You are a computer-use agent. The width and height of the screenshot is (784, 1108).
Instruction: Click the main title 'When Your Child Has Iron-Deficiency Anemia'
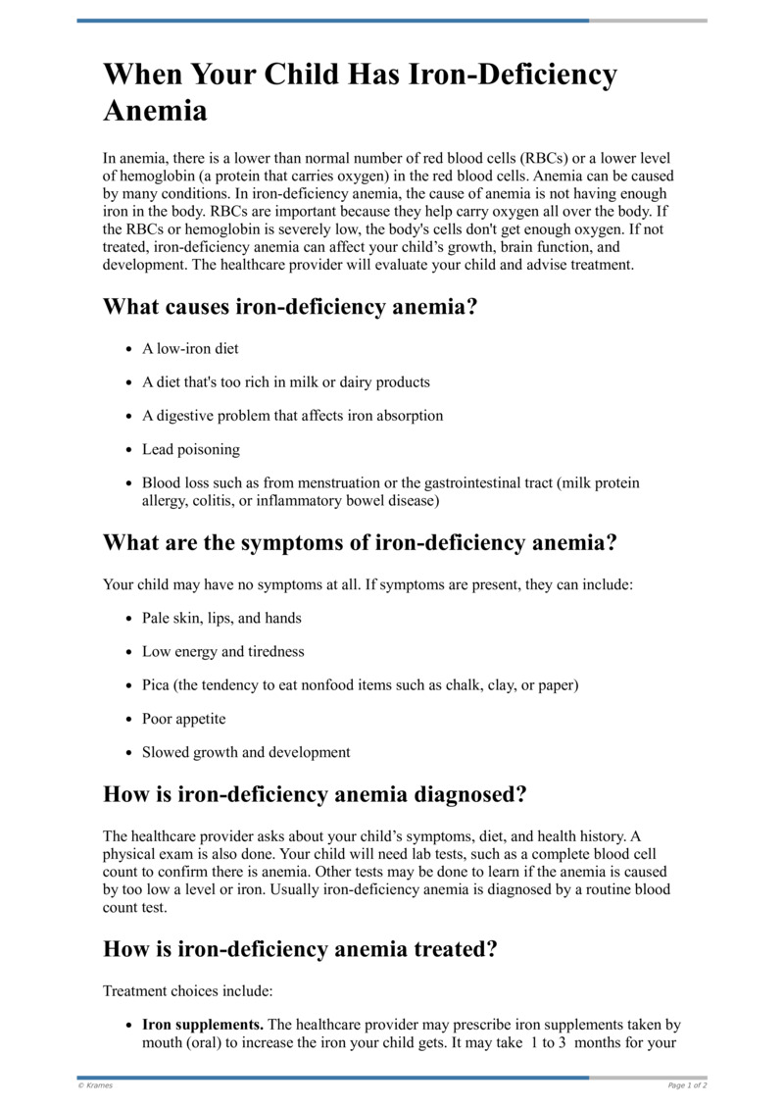point(361,92)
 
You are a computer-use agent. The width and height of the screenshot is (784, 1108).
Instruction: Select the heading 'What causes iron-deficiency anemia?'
point(290,307)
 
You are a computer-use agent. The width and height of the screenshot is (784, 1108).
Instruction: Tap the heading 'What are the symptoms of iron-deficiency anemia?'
point(360,542)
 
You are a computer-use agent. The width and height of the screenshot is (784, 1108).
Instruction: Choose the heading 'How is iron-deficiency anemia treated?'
point(300,949)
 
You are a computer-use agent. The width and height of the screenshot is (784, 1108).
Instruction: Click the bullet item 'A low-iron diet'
point(190,349)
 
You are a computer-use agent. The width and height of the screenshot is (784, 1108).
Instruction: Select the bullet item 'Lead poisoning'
point(190,450)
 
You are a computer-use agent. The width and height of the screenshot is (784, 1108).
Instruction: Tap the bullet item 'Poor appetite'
point(183,719)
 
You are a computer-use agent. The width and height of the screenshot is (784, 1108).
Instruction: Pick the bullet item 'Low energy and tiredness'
point(222,652)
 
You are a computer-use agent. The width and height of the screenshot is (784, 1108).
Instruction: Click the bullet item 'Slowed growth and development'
point(245,753)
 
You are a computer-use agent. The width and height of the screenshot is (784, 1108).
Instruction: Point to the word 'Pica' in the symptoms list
point(156,685)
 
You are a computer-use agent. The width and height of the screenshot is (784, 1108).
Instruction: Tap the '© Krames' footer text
point(95,1085)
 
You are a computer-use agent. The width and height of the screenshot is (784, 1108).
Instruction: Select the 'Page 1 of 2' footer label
point(687,1085)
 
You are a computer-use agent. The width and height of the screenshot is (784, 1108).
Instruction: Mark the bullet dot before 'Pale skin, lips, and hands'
point(129,619)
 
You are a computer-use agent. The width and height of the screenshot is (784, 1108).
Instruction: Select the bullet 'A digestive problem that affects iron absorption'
point(292,416)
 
